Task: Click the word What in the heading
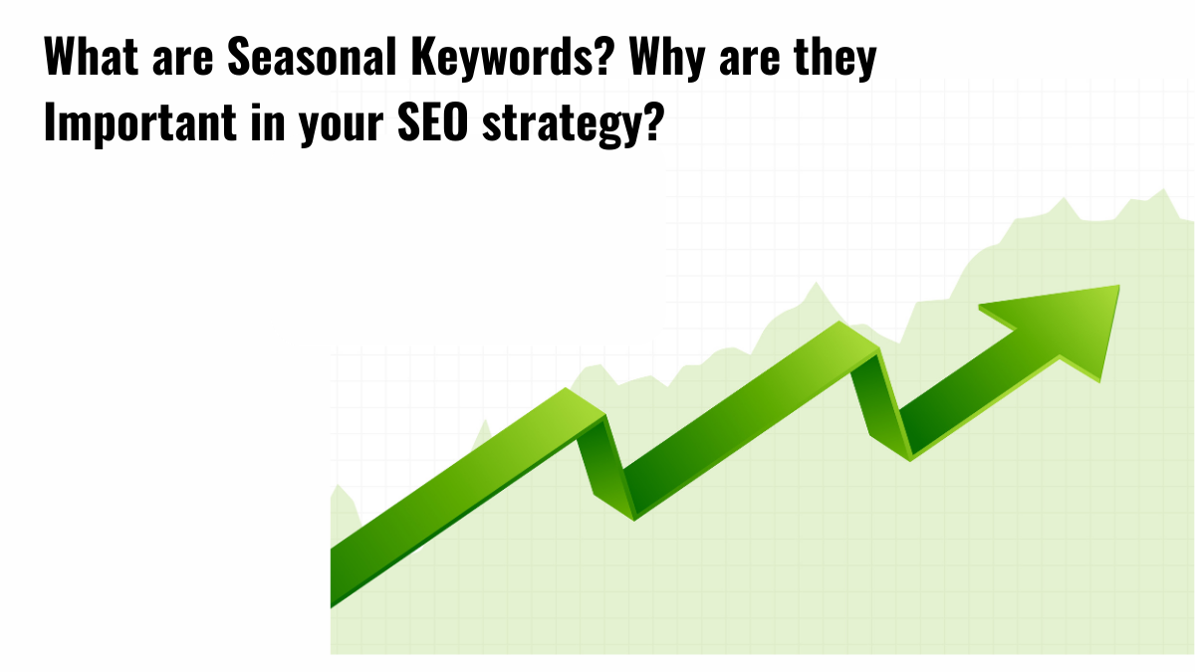(89, 61)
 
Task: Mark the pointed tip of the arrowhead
(1118, 288)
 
